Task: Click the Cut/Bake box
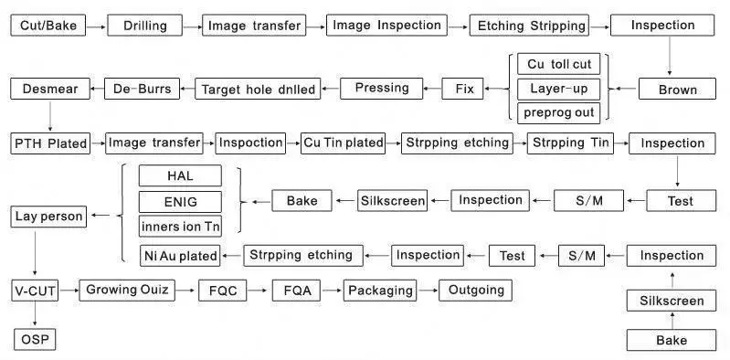[48, 26]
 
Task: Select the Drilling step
[144, 26]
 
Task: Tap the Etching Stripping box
[529, 26]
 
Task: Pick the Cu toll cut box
[558, 64]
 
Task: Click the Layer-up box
[558, 89]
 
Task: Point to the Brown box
[677, 89]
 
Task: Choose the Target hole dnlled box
[258, 89]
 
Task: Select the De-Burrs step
[142, 89]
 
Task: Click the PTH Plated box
[50, 143]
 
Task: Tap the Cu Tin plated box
[344, 143]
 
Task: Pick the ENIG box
[180, 202]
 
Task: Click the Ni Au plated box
[180, 256]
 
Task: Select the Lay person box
[48, 217]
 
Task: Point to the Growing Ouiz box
[127, 291]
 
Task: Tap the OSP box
[35, 340]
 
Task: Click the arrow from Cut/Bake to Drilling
[96, 27]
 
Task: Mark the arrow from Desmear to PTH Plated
[50, 116]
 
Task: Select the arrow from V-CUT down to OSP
[35, 314]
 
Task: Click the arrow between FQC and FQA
[258, 291]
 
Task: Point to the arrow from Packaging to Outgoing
[428, 291]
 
